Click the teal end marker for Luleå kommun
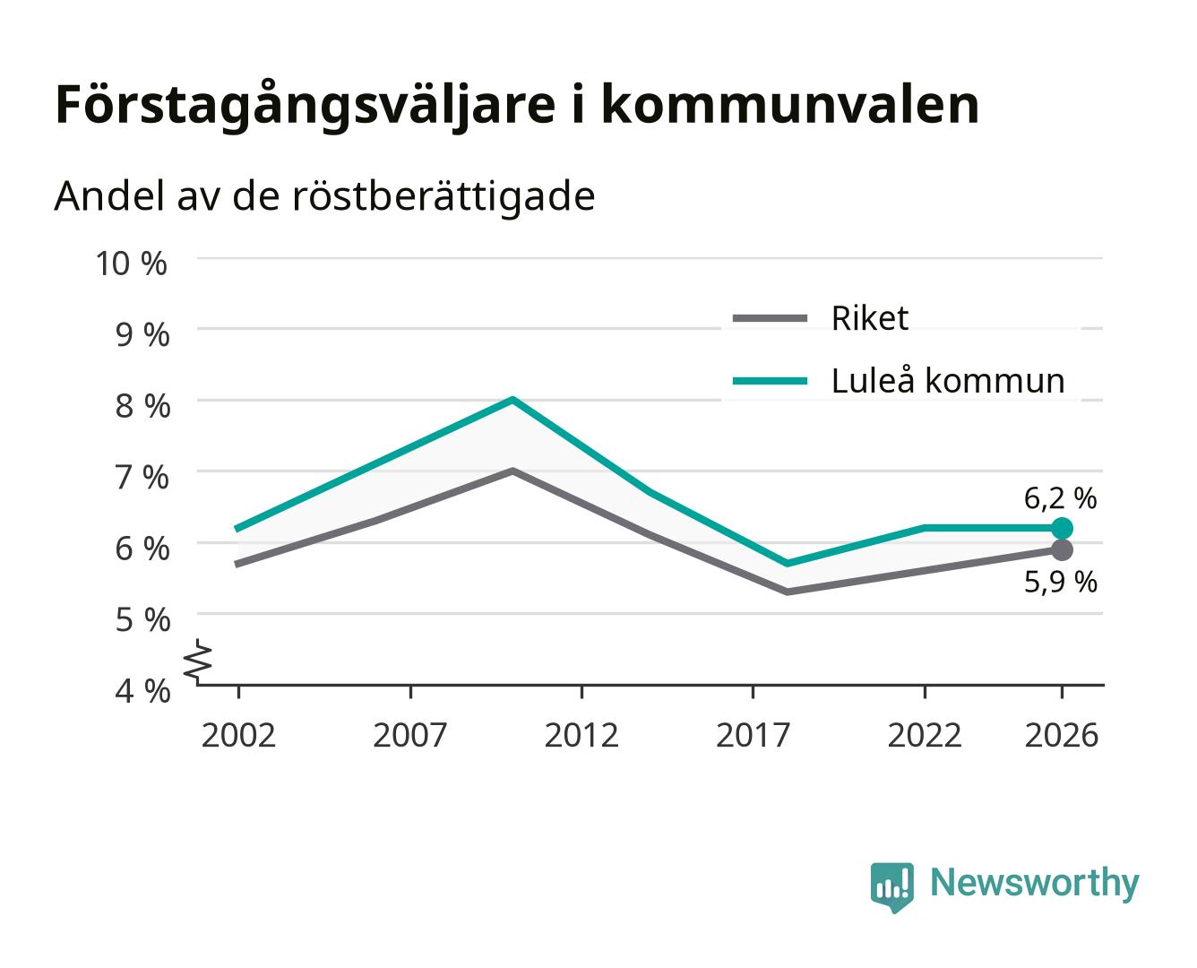pos(1062,529)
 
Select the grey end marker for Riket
pos(1062,549)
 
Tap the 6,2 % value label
pos(1060,498)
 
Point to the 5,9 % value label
pos(1061,582)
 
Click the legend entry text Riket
pos(869,319)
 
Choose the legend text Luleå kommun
pos(948,381)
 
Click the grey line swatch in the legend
pos(770,319)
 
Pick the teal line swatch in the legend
pos(770,381)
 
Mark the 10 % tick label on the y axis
pos(132,264)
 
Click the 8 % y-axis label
pos(142,406)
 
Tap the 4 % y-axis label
pos(142,691)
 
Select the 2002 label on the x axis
pos(238,735)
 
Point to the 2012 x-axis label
pos(581,735)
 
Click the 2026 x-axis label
pos(1061,735)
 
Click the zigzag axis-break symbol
pos(199,661)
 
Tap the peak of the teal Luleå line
pos(512,400)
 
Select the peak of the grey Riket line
pos(512,471)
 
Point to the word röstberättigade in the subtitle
pos(443,197)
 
